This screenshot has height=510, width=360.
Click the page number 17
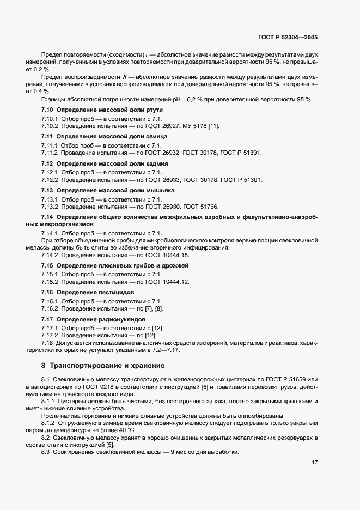click(314, 463)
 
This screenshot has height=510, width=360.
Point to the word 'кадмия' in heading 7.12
click(156, 163)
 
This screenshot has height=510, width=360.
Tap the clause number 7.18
click(47, 344)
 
